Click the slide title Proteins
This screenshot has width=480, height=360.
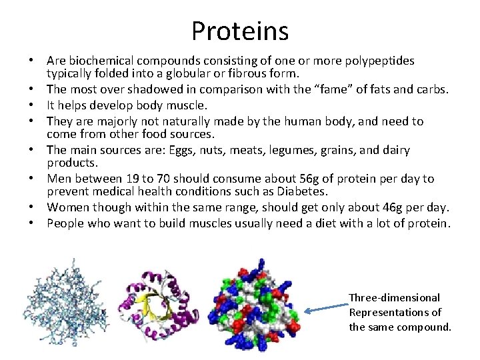(240, 31)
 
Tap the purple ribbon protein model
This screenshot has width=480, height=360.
(159, 303)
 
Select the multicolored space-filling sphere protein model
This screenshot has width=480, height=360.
(254, 304)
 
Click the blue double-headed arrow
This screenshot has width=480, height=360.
(326, 305)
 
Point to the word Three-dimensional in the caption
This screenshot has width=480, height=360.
(394, 298)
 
